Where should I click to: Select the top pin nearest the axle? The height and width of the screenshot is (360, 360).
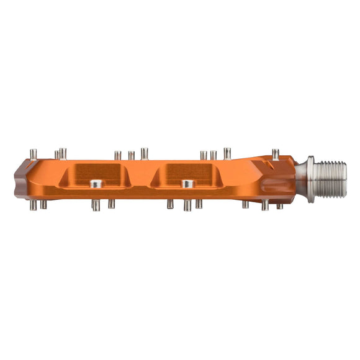point(275,154)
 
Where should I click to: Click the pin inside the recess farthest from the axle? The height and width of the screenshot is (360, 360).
point(96,184)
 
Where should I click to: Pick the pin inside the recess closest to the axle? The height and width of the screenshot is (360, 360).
point(187,184)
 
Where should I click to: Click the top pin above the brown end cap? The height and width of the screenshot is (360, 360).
point(34,153)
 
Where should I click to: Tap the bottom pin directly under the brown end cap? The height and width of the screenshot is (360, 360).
point(35,204)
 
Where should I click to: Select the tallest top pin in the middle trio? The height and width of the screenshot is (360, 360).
point(145,153)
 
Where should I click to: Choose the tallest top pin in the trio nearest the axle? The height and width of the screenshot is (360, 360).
point(227,153)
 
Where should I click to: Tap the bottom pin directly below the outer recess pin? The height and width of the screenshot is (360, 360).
point(96,205)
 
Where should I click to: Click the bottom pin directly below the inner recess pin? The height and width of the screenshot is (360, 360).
point(187,205)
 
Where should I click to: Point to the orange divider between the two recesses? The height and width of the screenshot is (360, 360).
point(141,178)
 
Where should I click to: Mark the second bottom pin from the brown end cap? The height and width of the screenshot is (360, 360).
point(43,204)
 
